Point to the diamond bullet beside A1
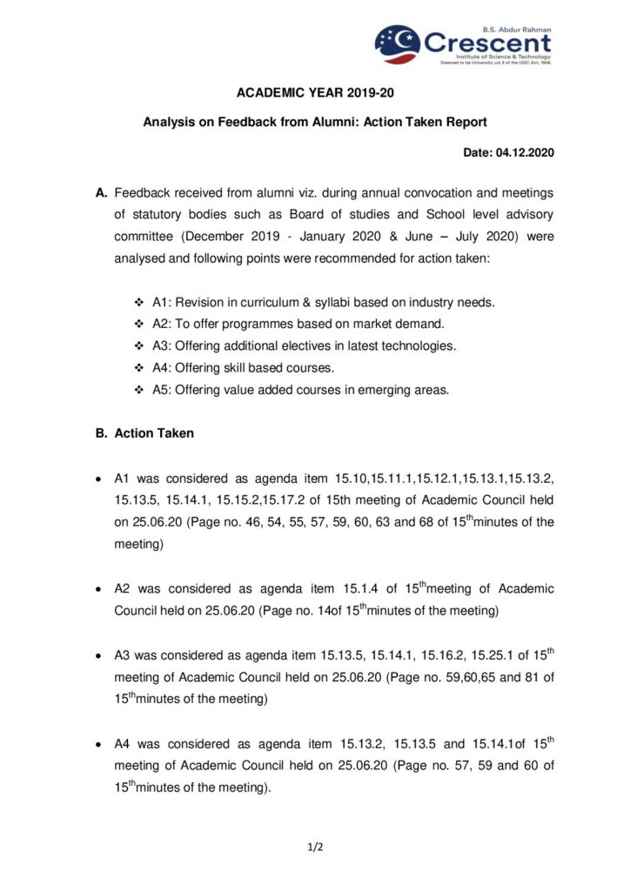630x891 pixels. tap(139, 302)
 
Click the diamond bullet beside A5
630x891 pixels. tap(139, 390)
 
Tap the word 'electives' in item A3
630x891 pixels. tap(308, 345)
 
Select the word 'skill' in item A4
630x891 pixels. tap(236, 368)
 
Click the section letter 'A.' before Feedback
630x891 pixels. tap(102, 191)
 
